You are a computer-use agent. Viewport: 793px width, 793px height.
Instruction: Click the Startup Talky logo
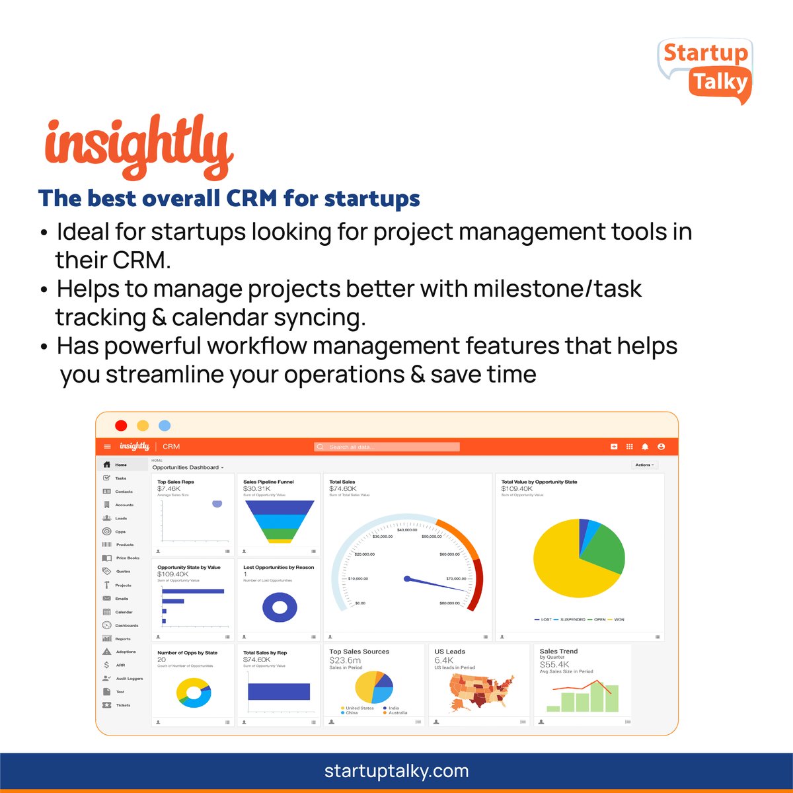point(705,70)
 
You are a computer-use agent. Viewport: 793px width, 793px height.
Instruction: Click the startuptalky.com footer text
point(397,771)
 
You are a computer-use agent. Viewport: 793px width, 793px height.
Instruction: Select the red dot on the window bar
point(121,426)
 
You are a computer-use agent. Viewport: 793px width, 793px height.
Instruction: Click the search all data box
point(387,447)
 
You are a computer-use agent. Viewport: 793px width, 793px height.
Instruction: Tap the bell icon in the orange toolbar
point(645,447)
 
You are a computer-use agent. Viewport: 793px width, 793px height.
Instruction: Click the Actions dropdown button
point(644,465)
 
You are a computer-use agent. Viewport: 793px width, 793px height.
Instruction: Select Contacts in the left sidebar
point(124,492)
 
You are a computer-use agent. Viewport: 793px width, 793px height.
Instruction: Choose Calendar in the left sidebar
point(124,612)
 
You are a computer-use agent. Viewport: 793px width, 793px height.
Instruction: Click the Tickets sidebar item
point(123,705)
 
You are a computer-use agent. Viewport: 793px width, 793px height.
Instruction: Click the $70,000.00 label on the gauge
point(456,579)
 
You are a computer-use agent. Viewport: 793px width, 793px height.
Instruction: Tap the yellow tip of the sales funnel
point(280,541)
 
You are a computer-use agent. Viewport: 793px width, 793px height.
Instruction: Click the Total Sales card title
point(342,482)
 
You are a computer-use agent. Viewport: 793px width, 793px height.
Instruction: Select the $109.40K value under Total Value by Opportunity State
point(517,489)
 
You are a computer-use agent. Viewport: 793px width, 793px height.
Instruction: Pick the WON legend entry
point(619,620)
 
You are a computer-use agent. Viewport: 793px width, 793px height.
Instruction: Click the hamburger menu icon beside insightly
point(108,447)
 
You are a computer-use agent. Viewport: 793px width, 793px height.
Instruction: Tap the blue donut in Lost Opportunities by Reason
point(280,607)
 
